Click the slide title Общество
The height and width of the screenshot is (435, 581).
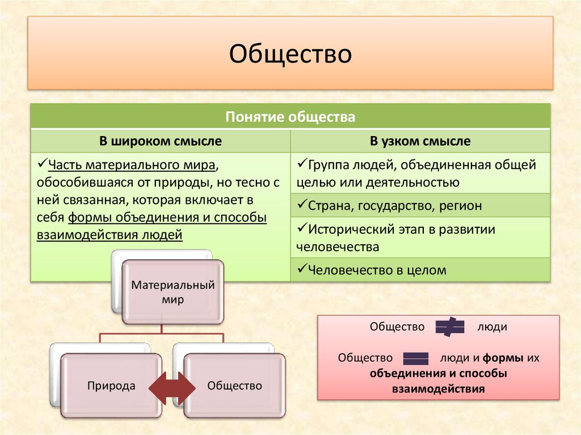[290, 54]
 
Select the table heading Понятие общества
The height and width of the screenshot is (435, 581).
[290, 117]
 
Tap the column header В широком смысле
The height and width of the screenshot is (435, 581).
[161, 141]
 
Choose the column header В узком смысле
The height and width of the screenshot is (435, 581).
[420, 141]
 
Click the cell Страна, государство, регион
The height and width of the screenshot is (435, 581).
[395, 206]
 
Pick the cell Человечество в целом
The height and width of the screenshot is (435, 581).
[377, 271]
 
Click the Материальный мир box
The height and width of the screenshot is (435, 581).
[173, 292]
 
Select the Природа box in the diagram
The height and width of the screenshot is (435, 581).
[111, 386]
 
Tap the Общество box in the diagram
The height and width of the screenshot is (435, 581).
[235, 386]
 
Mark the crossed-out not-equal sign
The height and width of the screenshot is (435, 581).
[450, 327]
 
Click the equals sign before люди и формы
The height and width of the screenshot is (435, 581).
[416, 358]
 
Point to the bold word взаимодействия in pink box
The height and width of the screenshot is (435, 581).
[438, 390]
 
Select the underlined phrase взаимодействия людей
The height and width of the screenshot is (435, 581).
[110, 234]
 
